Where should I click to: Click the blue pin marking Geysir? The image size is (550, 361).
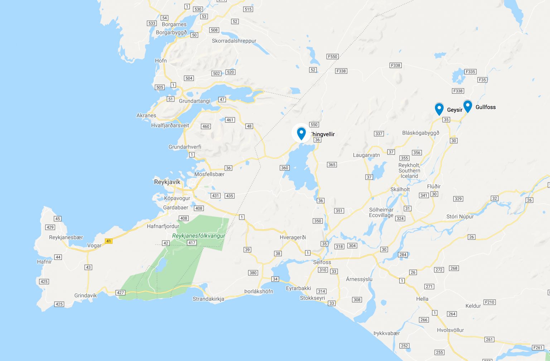439,108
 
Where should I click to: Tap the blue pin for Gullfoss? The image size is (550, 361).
468,106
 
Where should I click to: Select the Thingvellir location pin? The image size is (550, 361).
301,133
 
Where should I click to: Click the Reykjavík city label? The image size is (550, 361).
167,182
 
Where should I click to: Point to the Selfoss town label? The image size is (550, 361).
322,262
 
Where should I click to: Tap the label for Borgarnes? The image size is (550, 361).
174,24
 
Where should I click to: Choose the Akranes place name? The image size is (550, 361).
146,115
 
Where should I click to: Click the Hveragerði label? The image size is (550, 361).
293,237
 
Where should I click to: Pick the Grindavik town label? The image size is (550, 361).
86,295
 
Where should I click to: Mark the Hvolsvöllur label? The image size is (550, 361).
450,330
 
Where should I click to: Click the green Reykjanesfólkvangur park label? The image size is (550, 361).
199,236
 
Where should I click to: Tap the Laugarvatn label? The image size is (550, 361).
366,155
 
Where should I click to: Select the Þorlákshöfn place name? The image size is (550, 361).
259,291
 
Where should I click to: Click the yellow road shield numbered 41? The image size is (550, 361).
108,241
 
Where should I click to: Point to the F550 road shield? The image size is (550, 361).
333,57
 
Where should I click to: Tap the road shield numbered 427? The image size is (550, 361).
120,293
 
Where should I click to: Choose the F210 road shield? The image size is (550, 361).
489,302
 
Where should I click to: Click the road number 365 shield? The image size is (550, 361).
332,165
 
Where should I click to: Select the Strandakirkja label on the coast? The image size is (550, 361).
208,299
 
